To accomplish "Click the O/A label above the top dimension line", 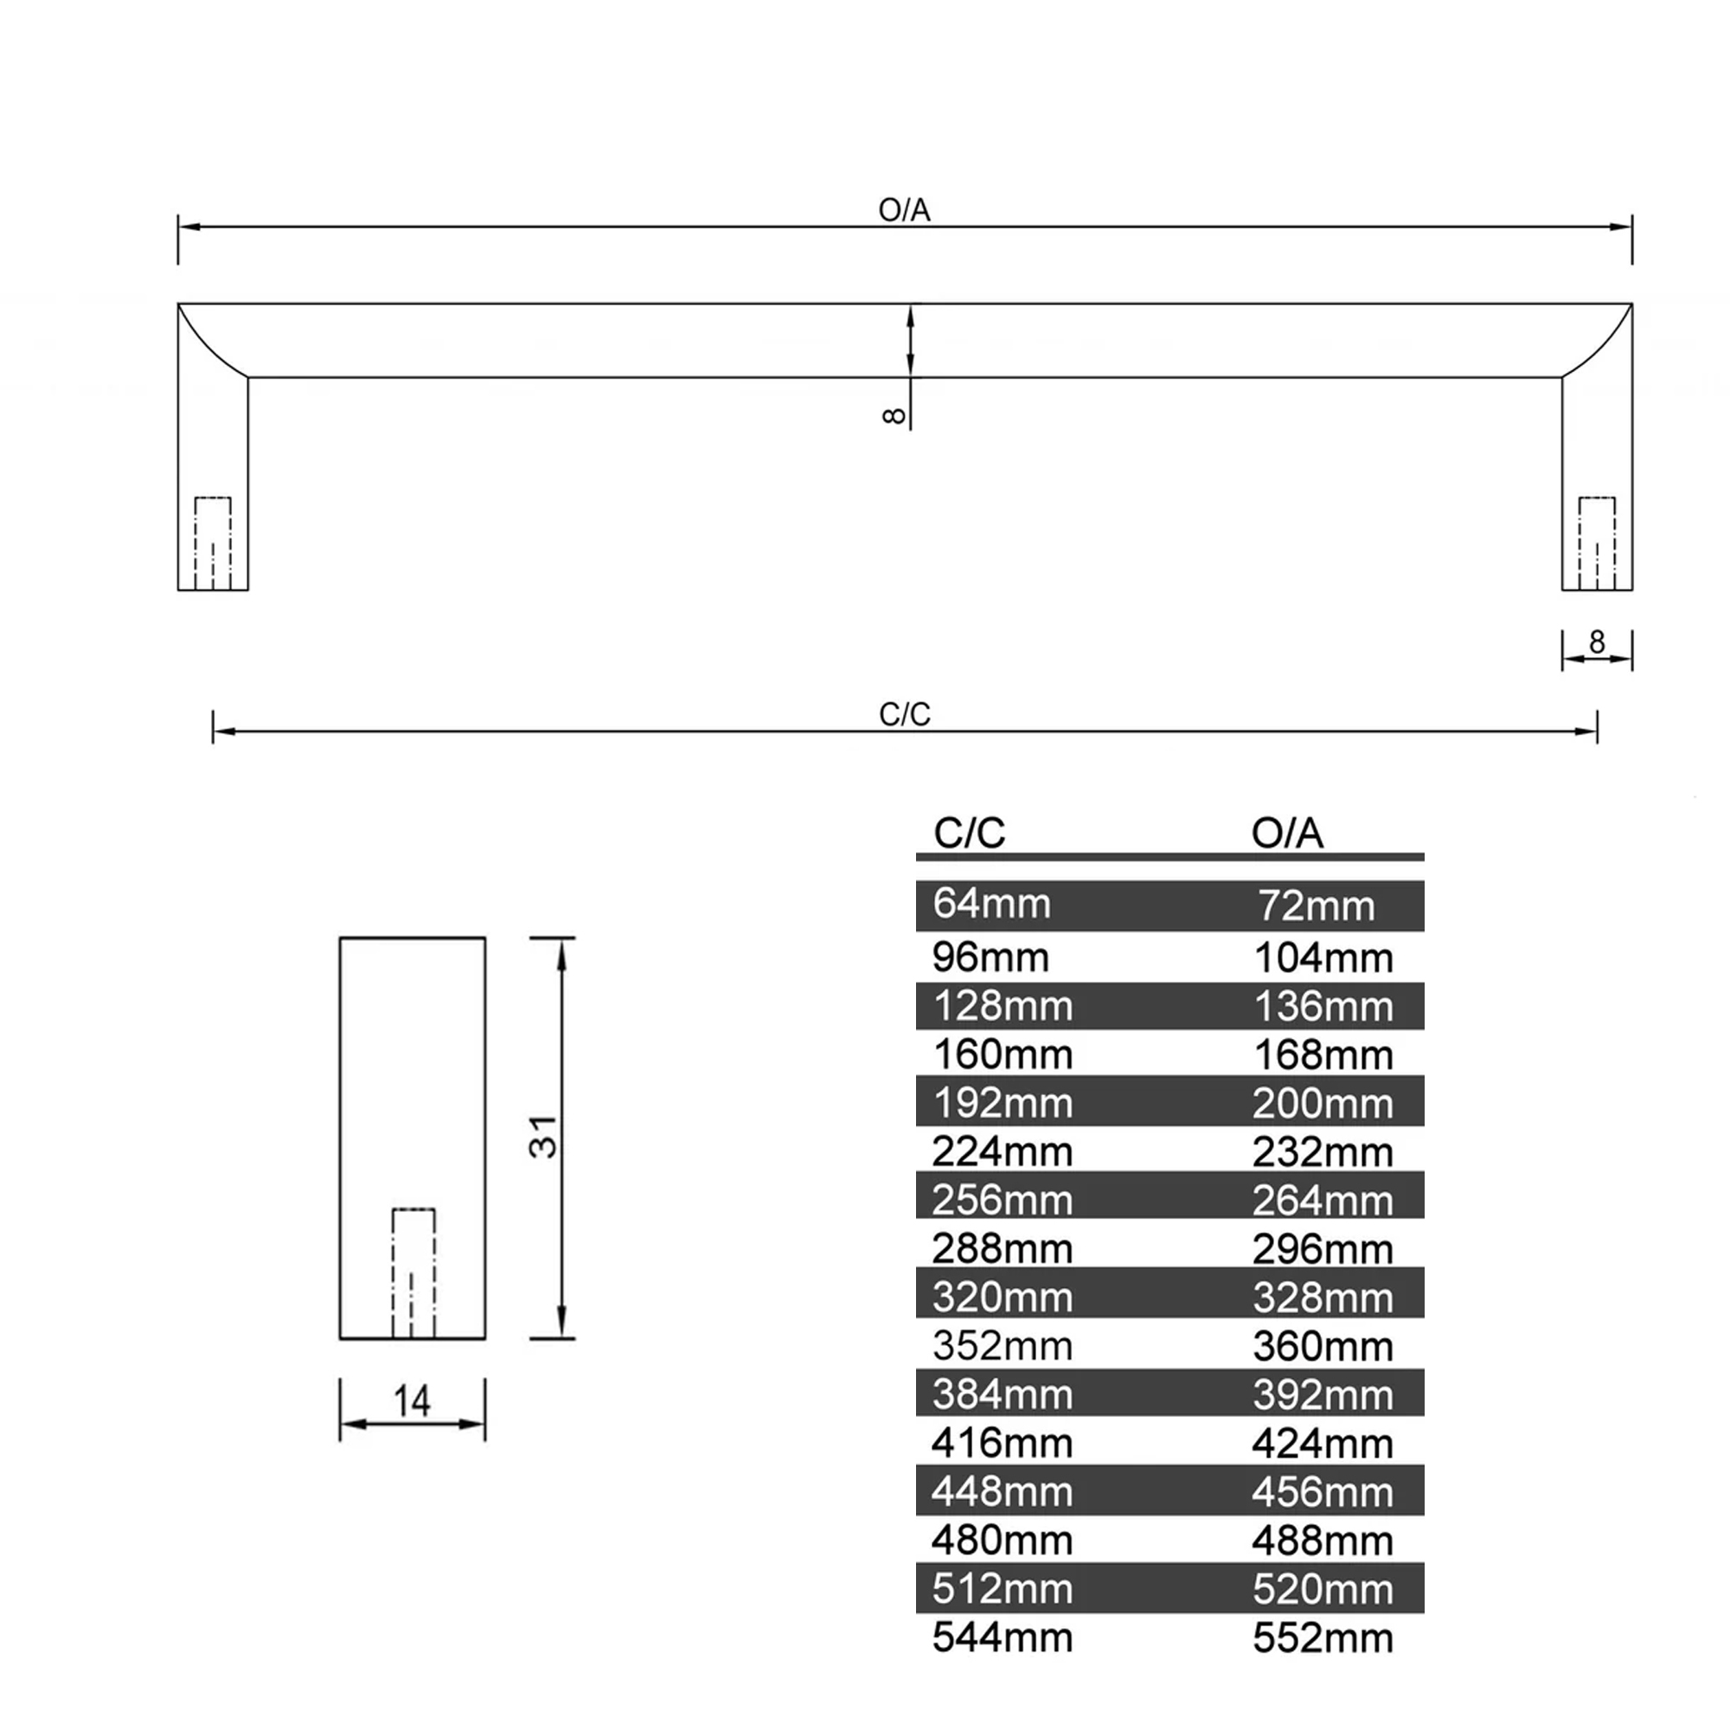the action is click(904, 210).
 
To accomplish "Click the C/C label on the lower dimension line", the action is click(905, 714).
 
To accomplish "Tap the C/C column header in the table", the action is click(969, 833).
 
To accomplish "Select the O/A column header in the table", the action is click(1287, 833).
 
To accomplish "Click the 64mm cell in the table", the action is click(991, 904).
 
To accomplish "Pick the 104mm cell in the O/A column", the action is click(1323, 958).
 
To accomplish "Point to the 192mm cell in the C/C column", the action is click(1003, 1103).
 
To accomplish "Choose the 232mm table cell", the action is click(1323, 1151).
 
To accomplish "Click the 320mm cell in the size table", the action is click(1003, 1297).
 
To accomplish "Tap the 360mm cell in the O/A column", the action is click(1323, 1346).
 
